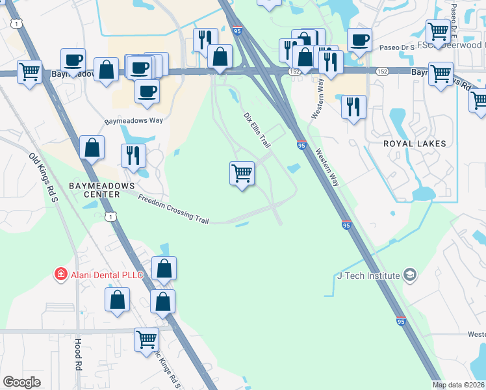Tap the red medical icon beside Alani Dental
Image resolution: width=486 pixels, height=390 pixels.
pos(61,275)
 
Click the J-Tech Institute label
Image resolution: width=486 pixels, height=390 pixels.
pos(368,275)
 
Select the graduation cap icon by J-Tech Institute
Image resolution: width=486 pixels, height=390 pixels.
pos(409,275)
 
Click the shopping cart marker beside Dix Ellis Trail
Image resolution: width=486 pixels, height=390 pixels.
pos(242,173)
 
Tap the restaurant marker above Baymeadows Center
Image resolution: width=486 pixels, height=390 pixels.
pos(133,155)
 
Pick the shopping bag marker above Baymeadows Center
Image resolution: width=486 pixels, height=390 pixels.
pos(92,148)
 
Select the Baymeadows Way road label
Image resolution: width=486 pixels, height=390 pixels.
pos(134,120)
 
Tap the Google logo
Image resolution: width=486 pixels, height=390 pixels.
pos(21,382)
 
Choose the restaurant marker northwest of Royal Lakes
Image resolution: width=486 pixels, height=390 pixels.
pos(353,107)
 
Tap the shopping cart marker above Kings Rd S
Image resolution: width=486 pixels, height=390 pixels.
pos(146,339)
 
